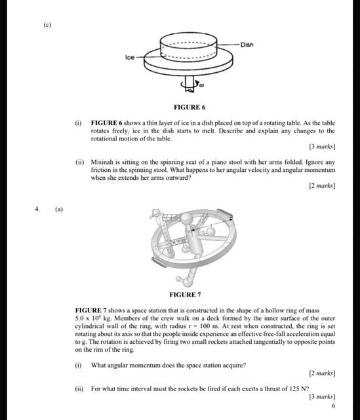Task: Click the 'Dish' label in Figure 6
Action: [x=247, y=45]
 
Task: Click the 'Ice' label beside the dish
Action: [x=129, y=58]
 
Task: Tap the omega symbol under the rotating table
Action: [x=202, y=85]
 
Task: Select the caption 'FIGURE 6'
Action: [x=190, y=106]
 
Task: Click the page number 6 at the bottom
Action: [x=333, y=406]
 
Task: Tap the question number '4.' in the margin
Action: [x=38, y=209]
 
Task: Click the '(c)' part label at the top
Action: [x=47, y=24]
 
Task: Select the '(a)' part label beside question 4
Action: [x=59, y=209]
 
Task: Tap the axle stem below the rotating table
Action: [x=190, y=82]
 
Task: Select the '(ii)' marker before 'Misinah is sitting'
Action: [x=78, y=162]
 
